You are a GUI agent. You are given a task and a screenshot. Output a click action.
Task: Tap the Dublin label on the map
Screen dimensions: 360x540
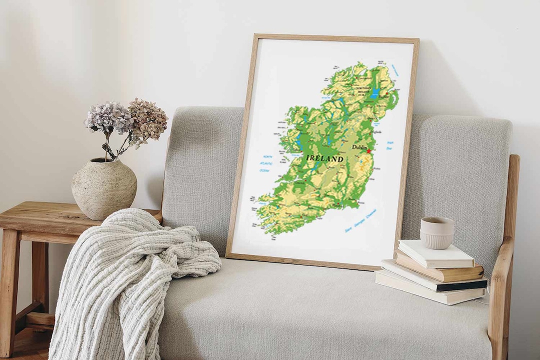pyautogui.click(x=358, y=147)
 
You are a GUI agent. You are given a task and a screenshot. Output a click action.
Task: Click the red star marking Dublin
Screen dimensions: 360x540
pyautogui.click(x=369, y=150)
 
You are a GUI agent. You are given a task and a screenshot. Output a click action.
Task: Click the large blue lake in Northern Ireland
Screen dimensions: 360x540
pyautogui.click(x=375, y=93)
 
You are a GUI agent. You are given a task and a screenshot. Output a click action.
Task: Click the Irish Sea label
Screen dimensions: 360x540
pyautogui.click(x=389, y=145)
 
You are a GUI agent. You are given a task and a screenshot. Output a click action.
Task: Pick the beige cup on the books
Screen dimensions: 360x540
pyautogui.click(x=436, y=232)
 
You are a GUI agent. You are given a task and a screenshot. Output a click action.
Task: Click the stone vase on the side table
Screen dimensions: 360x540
pyautogui.click(x=104, y=188)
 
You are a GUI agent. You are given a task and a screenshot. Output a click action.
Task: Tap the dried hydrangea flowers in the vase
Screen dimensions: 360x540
pyautogui.click(x=127, y=120)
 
